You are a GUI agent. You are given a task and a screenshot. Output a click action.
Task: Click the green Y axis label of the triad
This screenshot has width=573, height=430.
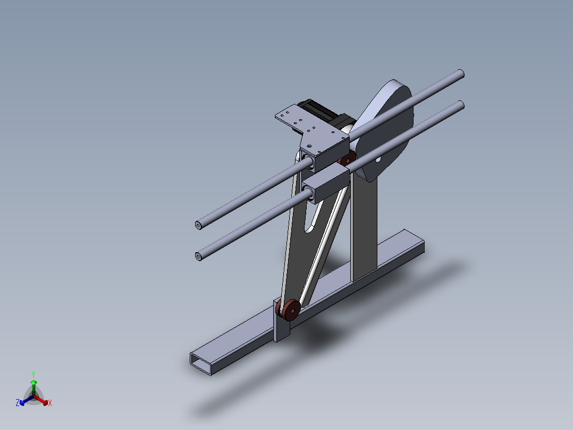coord(33,374)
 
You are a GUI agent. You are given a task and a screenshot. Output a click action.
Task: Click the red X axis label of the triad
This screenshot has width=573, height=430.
coord(50,403)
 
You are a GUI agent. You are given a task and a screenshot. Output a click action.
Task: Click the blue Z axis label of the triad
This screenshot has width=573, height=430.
coord(18,403)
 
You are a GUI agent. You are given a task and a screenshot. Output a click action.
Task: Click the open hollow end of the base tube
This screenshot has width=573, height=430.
coord(202,362)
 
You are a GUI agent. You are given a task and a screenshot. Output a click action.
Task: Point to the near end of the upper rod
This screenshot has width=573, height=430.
coord(198,226)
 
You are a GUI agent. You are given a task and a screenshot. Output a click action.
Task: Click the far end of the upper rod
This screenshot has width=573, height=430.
coord(460,74)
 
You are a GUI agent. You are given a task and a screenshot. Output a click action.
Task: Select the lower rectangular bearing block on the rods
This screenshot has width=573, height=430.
coord(326,184)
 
